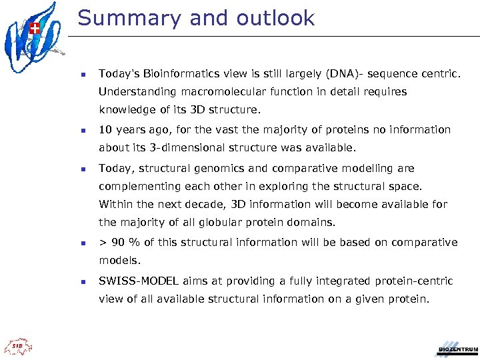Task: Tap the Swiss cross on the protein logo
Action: pos(35,28)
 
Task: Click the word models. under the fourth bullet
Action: pos(119,261)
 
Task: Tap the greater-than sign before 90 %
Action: pos(103,242)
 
